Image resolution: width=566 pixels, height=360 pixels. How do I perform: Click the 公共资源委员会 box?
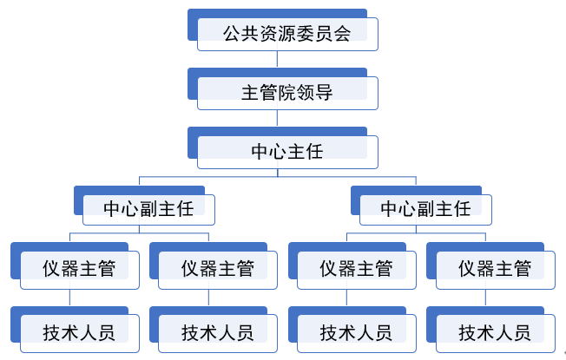point(286,35)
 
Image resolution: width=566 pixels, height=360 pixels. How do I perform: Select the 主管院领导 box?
point(286,92)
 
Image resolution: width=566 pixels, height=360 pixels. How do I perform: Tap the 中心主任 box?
point(286,151)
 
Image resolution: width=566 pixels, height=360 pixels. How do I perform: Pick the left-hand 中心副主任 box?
point(148,208)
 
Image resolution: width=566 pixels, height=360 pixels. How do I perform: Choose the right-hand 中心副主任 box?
point(425,208)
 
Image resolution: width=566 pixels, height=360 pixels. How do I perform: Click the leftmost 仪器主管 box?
point(79,269)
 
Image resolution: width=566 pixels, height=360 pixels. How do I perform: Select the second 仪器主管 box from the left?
point(218,269)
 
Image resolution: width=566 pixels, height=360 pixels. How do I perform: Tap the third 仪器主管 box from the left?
point(356,269)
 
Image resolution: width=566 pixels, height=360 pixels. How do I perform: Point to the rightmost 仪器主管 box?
point(495,269)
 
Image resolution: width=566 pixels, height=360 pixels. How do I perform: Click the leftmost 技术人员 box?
point(79,332)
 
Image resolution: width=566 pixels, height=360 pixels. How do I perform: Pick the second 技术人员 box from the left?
point(218,332)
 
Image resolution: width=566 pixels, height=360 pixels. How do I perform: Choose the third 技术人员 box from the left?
point(356,332)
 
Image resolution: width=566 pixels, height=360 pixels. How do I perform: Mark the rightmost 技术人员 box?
point(495,332)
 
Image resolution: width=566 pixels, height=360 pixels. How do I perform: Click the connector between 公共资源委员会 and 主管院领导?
point(278,60)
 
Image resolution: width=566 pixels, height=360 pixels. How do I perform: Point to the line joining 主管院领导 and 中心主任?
point(278,119)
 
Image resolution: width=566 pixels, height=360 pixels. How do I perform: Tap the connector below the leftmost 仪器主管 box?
point(70,298)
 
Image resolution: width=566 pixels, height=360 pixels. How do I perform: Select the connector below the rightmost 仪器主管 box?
point(486,298)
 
